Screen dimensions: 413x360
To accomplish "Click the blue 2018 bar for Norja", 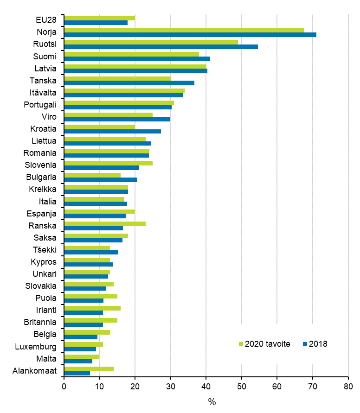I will click(x=190, y=35).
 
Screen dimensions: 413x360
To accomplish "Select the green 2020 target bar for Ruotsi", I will click(x=151, y=42).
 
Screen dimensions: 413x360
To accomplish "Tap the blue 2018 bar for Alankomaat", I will click(x=77, y=373).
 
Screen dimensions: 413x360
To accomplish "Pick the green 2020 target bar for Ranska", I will click(x=105, y=223).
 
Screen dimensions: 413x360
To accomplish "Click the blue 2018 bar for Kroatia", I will click(x=112, y=131).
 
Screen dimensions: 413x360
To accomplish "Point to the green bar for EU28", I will click(x=99, y=18).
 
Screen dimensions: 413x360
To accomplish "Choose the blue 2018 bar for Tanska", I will click(x=129, y=83).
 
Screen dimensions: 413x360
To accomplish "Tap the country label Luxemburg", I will click(x=36, y=346).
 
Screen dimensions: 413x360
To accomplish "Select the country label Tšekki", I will click(x=45, y=250).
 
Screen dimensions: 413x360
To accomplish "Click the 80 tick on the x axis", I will click(x=348, y=387).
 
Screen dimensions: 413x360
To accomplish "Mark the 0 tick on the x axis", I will click(x=64, y=387).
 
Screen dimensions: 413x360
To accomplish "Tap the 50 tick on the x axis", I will click(x=241, y=387).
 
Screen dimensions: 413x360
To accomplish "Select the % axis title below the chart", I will click(x=212, y=402).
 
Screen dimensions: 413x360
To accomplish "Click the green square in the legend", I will click(x=241, y=344).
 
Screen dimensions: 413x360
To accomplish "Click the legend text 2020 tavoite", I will click(x=268, y=344).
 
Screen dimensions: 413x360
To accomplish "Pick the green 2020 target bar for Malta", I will click(x=82, y=356).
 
